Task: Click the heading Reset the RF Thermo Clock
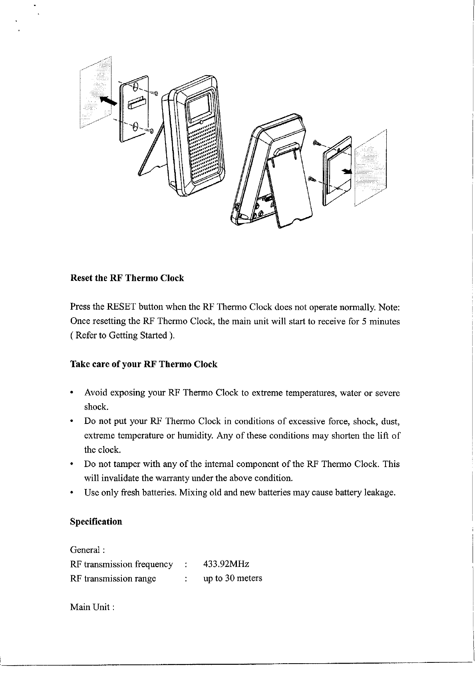127,278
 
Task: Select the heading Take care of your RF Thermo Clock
143,364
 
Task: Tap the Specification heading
96,522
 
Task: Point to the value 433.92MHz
226,564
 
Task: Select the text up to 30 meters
233,578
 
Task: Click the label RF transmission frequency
121,564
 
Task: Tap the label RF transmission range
113,578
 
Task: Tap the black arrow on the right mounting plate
346,171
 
